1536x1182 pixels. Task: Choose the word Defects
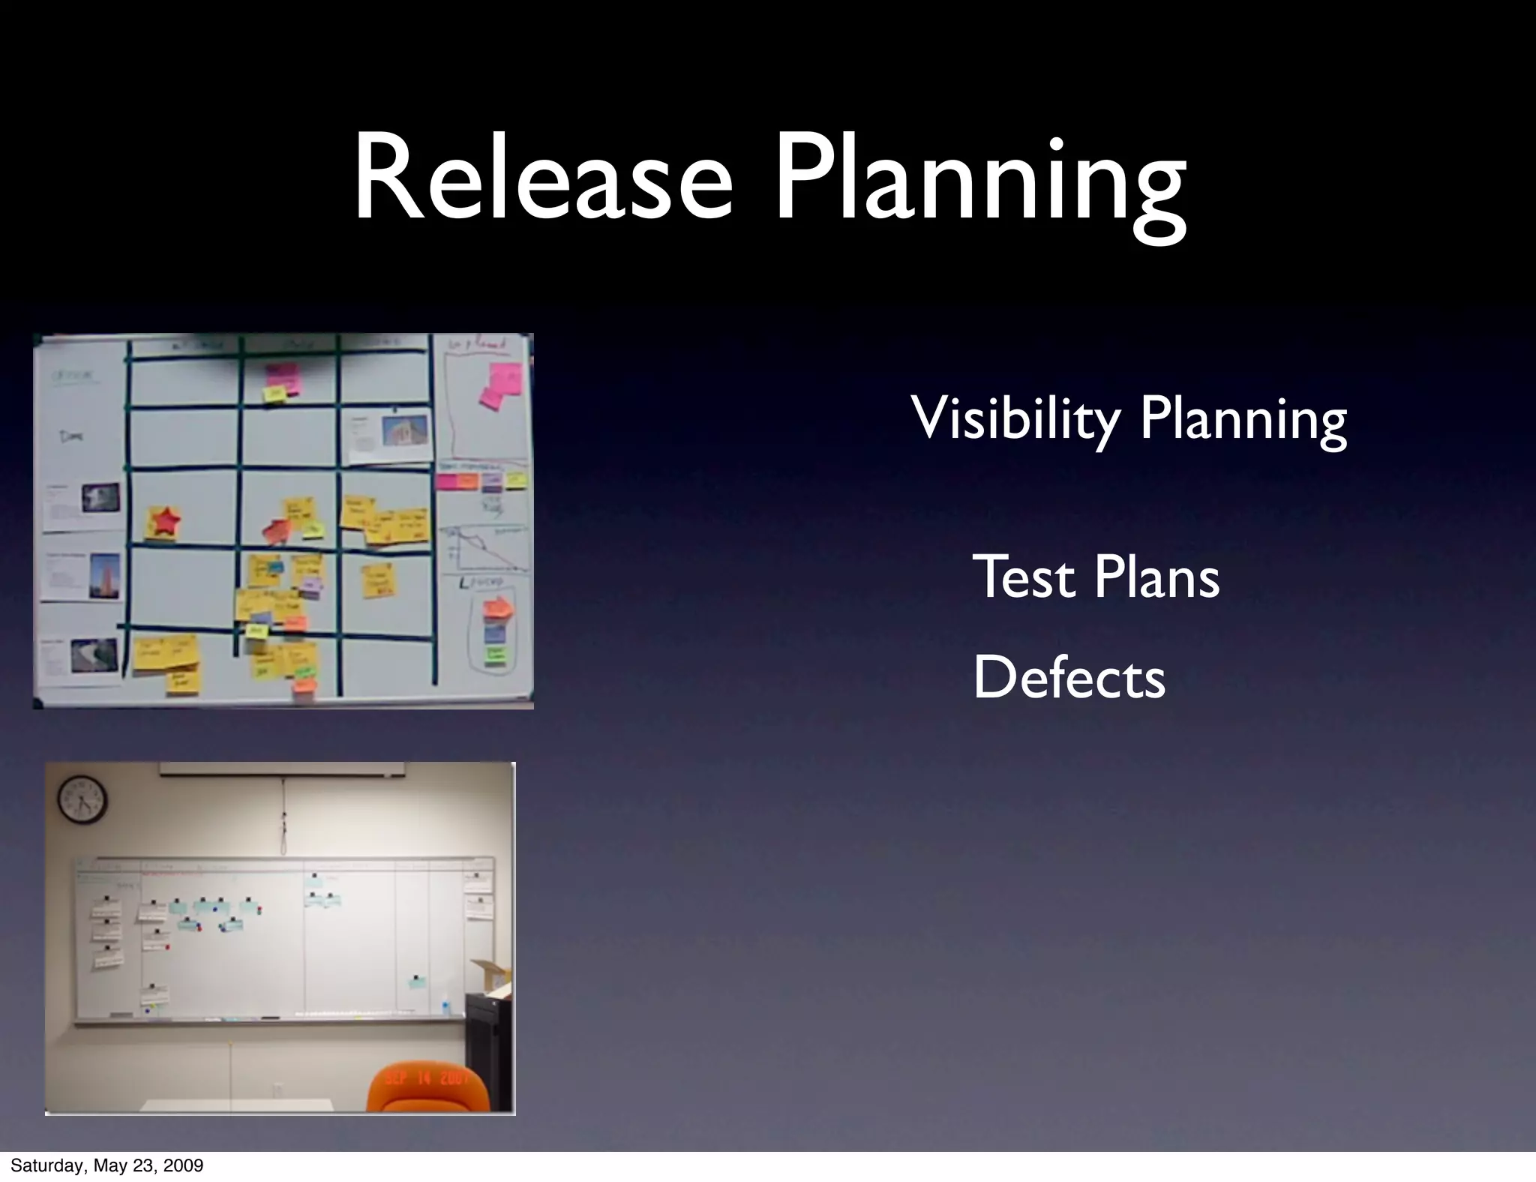pos(1069,677)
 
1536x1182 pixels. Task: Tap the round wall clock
pos(82,800)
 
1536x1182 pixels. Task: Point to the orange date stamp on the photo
pos(427,1078)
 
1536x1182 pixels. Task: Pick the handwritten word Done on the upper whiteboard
pos(73,436)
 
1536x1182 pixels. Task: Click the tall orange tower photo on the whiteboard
pos(104,576)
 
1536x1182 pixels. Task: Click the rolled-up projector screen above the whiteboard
pos(282,769)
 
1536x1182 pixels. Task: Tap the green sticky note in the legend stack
pos(496,655)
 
